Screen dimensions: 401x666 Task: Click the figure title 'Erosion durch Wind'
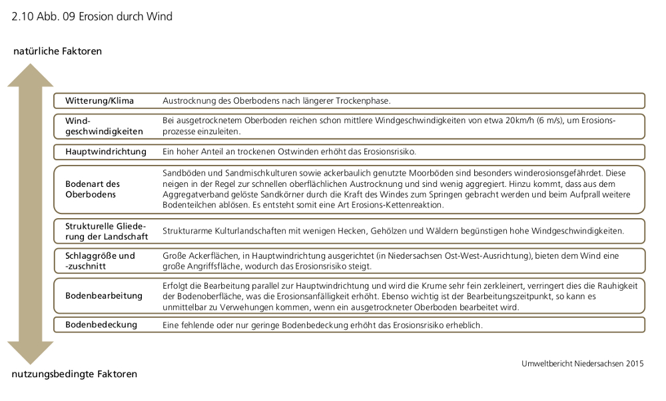click(x=125, y=17)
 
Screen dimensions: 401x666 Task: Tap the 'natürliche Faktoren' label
click(x=57, y=51)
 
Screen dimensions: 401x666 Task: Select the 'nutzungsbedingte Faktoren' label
click(x=75, y=374)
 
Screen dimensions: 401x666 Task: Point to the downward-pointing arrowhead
click(x=30, y=352)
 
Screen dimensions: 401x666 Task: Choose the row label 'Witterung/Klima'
click(x=99, y=101)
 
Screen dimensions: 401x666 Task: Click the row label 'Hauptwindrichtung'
click(x=105, y=152)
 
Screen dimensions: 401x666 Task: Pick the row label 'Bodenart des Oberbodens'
click(x=93, y=189)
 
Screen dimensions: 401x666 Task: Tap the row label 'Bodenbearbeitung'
click(x=103, y=295)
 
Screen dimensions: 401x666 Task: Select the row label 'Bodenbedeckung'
click(x=101, y=325)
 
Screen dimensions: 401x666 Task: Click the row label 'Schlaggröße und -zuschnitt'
click(x=100, y=261)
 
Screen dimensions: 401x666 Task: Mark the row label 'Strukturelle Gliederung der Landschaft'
click(x=105, y=231)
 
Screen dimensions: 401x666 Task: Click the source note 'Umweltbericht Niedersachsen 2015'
click(x=583, y=364)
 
